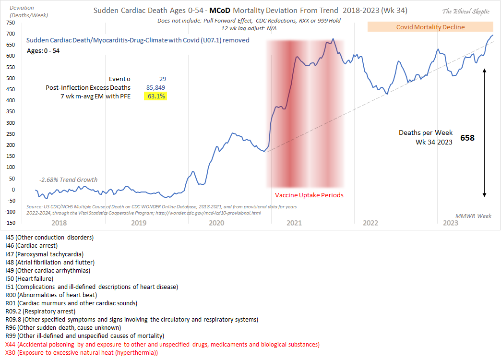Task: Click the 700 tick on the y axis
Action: point(9,34)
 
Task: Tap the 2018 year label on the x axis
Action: point(59,223)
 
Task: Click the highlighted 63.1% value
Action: point(156,96)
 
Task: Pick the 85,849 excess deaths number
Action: point(156,87)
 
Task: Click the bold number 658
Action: point(467,138)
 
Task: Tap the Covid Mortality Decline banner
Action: point(430,27)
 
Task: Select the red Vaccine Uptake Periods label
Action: point(309,195)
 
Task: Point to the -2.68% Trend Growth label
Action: point(68,180)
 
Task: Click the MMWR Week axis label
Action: point(474,216)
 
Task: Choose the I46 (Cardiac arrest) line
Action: point(31,246)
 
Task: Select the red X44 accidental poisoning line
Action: point(162,344)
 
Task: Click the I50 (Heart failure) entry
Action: point(29,278)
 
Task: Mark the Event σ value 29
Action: point(162,79)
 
